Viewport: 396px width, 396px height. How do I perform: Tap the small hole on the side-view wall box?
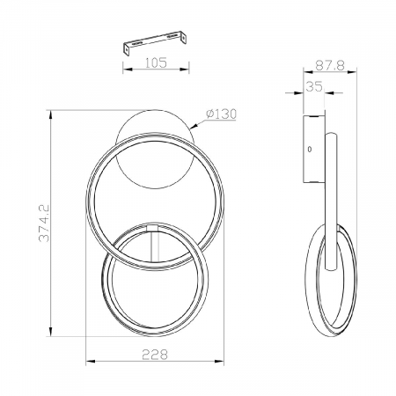point(309,150)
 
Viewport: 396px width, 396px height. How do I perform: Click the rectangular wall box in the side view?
point(312,150)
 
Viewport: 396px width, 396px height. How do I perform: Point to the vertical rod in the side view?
point(332,202)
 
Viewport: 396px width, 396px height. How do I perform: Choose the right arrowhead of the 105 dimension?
point(187,70)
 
